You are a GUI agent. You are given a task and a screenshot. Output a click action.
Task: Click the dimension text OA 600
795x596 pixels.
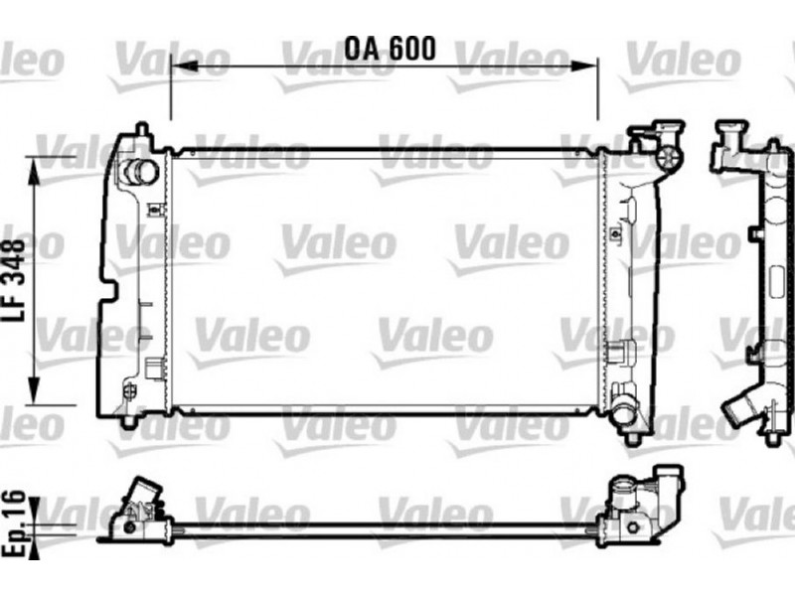click(x=390, y=48)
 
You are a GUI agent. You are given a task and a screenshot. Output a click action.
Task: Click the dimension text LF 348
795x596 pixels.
click(x=14, y=280)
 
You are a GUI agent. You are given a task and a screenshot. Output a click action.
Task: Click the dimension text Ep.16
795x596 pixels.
click(x=14, y=523)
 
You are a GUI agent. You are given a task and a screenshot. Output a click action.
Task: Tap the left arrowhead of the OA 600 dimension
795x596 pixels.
click(x=184, y=67)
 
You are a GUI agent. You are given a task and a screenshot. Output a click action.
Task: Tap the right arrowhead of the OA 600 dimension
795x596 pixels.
click(x=584, y=66)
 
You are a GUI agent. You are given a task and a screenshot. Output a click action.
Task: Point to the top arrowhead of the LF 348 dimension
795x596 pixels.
click(x=34, y=171)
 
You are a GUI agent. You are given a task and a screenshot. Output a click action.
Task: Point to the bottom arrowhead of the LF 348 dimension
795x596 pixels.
click(x=34, y=390)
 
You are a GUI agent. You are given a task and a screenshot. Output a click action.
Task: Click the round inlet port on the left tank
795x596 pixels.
click(x=141, y=171)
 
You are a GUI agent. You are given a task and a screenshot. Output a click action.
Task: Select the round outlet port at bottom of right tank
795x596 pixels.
click(x=622, y=414)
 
